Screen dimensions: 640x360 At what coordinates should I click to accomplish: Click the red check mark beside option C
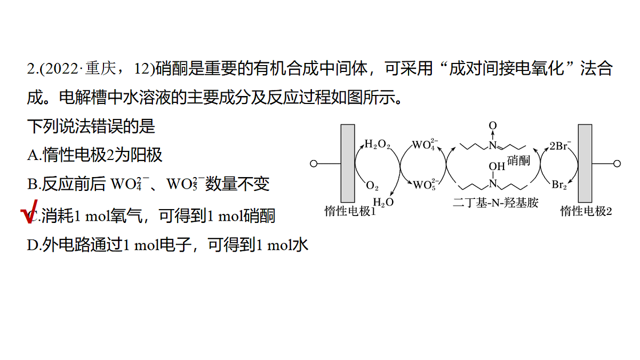[29, 212]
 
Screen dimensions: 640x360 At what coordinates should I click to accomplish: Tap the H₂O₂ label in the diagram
[378, 145]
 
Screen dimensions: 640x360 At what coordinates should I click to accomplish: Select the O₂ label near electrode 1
[372, 186]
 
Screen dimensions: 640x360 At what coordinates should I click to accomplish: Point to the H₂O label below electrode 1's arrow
[383, 202]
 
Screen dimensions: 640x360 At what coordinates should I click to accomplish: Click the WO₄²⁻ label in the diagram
[425, 145]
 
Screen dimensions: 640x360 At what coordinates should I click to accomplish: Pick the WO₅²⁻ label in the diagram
[426, 185]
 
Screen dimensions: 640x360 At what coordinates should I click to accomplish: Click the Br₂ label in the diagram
[559, 185]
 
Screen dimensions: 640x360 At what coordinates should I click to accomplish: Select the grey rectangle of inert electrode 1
[348, 163]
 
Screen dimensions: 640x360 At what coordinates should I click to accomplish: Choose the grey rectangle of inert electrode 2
[585, 163]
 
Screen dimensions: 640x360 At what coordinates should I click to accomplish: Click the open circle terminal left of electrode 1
[314, 164]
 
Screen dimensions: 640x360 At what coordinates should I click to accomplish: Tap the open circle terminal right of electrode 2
[617, 164]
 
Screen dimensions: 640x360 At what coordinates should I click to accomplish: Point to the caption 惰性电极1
[350, 211]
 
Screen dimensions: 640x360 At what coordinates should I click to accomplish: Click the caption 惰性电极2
[586, 211]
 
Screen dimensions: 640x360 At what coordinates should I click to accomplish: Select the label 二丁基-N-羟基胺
[495, 203]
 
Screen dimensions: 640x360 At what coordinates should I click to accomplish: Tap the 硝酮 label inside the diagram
[518, 161]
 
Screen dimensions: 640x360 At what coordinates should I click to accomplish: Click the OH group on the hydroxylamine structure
[497, 166]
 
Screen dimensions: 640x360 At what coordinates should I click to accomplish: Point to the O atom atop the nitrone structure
[493, 125]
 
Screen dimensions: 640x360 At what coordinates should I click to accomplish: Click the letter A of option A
[33, 155]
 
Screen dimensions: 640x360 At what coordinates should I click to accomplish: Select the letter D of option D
[33, 245]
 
